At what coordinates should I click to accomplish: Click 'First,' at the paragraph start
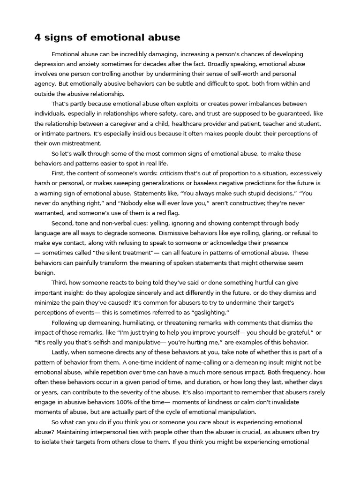pos(59,173)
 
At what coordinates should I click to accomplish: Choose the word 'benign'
pos(45,272)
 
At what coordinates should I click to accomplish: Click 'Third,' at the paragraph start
pos(60,283)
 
